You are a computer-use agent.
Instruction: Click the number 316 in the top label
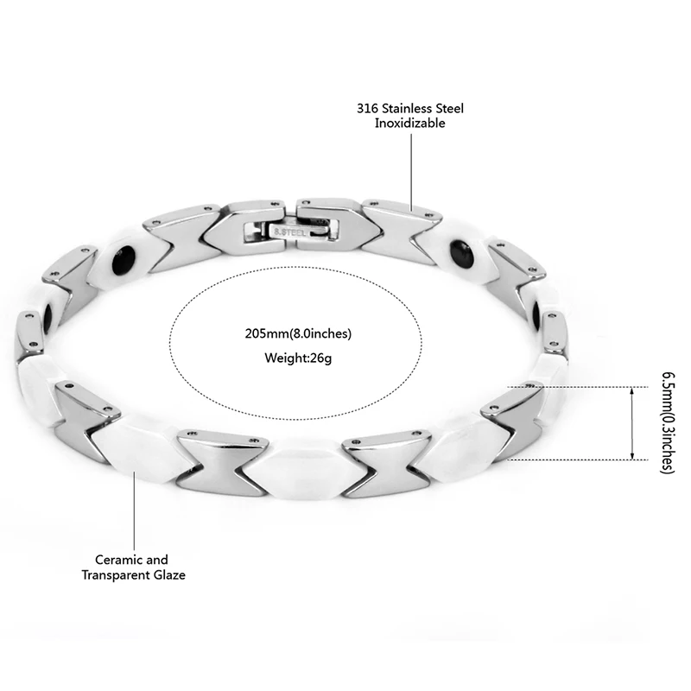(x=367, y=109)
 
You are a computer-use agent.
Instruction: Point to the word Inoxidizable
(x=409, y=124)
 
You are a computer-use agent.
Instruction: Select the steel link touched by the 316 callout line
(x=400, y=226)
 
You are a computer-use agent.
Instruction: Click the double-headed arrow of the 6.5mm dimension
(x=633, y=423)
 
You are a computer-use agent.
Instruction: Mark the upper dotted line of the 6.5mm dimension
(x=587, y=386)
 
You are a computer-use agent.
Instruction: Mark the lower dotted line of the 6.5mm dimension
(x=587, y=460)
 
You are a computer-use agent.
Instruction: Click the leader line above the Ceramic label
(x=133, y=510)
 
